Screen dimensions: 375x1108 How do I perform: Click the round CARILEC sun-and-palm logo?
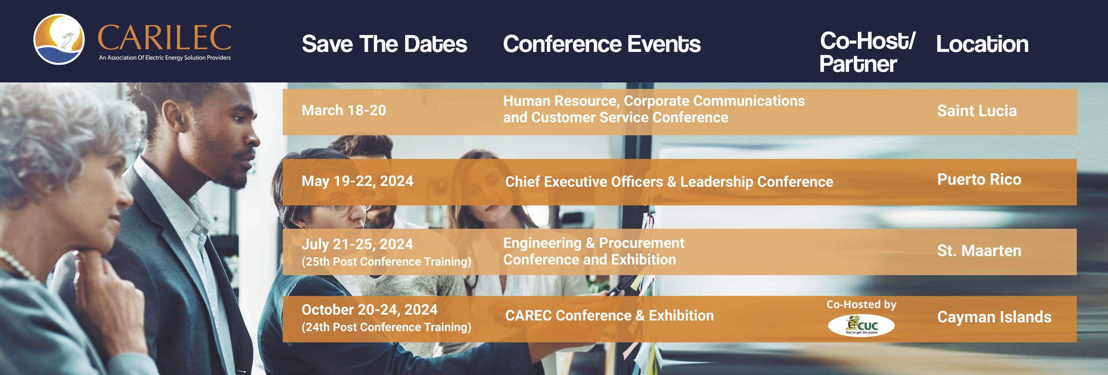click(x=59, y=39)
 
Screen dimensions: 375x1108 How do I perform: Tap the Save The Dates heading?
click(x=384, y=44)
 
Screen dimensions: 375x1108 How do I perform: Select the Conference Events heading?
click(x=602, y=44)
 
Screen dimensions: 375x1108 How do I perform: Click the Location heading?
click(x=982, y=44)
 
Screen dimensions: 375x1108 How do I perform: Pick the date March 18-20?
click(x=344, y=110)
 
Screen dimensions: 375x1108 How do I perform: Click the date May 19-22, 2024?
click(x=357, y=181)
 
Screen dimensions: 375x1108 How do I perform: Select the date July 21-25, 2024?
click(x=357, y=244)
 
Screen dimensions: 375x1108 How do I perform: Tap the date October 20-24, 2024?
click(x=369, y=310)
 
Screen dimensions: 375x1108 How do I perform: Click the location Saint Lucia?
click(x=976, y=111)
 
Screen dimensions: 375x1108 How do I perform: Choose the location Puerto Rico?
click(x=979, y=179)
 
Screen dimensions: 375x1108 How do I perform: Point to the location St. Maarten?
click(x=979, y=251)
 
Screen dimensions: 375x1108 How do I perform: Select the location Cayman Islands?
click(x=994, y=317)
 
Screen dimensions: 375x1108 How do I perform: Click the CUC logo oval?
click(x=861, y=325)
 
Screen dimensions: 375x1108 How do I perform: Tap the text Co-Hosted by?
click(x=861, y=304)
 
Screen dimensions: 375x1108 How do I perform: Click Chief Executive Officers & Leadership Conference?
click(x=669, y=182)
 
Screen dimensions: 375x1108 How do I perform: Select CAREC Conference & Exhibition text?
click(x=609, y=316)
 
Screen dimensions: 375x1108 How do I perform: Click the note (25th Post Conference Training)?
click(x=386, y=262)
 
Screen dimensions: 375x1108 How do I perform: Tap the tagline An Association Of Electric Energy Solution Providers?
click(x=164, y=58)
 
